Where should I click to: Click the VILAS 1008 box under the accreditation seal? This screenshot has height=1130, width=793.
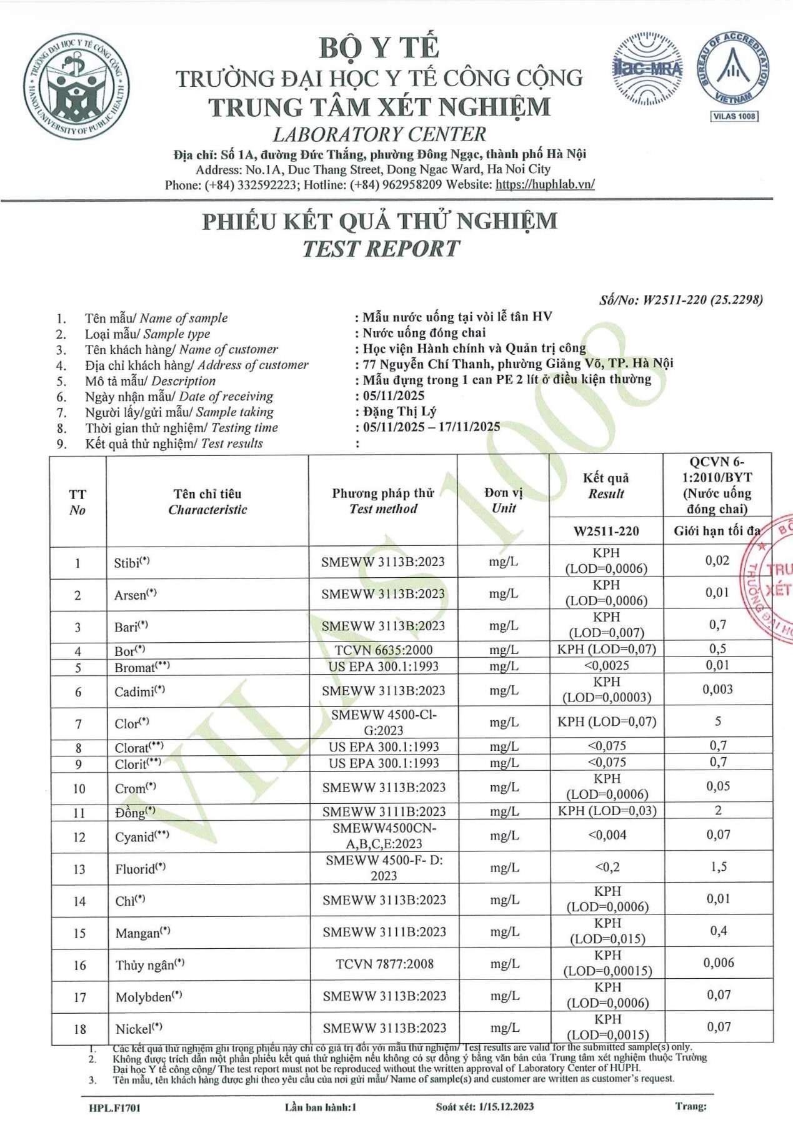pos(734,116)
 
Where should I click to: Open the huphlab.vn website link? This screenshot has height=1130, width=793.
pos(545,185)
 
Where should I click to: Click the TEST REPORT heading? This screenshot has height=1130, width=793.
pos(381,249)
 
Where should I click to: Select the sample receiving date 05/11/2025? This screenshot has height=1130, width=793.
pos(394,396)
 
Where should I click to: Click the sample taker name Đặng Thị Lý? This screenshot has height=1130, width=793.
pos(399,412)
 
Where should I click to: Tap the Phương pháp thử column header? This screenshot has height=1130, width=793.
pos(382,500)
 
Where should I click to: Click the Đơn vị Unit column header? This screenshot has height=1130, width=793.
pos(503,500)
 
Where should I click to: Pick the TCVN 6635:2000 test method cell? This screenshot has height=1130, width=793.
pos(383,650)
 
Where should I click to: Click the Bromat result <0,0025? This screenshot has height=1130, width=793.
pos(606,666)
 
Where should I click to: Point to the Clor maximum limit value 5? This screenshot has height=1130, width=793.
pos(717,721)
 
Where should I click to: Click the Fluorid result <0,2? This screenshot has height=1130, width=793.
pos(607,868)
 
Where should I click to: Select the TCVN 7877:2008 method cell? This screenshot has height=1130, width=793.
pos(384,964)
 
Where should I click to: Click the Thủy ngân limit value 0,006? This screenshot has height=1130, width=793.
pos(718,963)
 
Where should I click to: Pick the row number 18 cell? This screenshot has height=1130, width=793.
pos(79,1029)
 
